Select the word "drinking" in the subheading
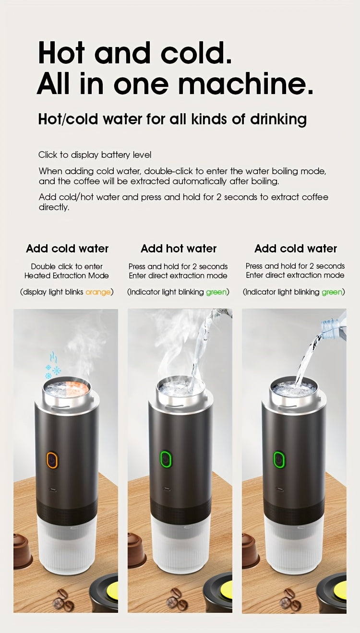[x=278, y=119]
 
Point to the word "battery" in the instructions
[x=116, y=155]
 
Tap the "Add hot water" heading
[x=179, y=249]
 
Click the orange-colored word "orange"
[x=98, y=292]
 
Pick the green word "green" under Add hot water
[x=216, y=292]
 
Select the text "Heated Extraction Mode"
[x=67, y=275]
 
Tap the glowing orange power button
[x=52, y=460]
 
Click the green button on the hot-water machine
[x=166, y=459]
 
